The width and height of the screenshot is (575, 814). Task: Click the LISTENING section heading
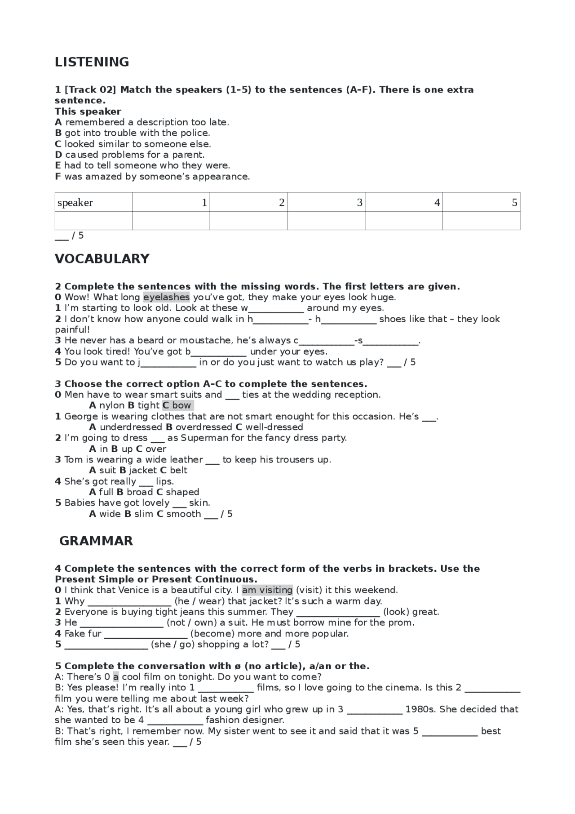click(x=92, y=62)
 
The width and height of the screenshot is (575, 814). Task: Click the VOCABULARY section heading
click(x=102, y=259)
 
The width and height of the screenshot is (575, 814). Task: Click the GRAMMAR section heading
click(x=96, y=541)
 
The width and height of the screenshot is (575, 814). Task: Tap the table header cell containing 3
click(x=326, y=203)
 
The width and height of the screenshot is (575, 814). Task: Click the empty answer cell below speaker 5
click(x=481, y=221)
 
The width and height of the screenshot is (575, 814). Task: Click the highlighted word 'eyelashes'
click(x=166, y=297)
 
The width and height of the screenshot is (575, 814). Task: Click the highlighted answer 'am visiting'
click(x=267, y=590)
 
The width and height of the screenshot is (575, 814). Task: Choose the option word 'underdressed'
click(x=131, y=427)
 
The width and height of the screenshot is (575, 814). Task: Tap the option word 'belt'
click(x=178, y=470)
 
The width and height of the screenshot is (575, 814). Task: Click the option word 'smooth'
click(x=183, y=514)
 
